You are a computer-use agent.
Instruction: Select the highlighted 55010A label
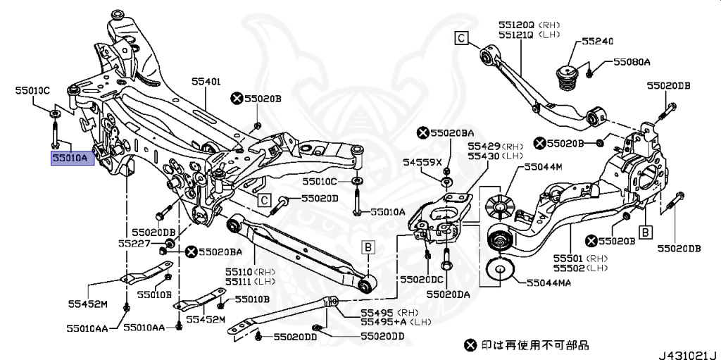pos(69,159)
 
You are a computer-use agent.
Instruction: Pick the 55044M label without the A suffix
pos(543,167)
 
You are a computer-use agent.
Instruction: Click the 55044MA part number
pos(549,283)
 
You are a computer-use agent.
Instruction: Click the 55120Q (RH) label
pos(519,24)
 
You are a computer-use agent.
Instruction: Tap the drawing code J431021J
pos(687,353)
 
